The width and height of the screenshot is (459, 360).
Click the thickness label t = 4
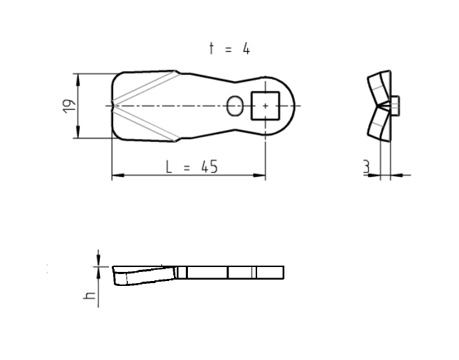pyautogui.click(x=229, y=48)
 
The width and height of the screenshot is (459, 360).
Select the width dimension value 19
pyautogui.click(x=68, y=106)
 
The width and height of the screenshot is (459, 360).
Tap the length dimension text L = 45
pyautogui.click(x=191, y=166)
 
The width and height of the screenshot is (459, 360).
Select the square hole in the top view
pyautogui.click(x=265, y=106)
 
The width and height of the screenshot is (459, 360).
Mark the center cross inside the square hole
pyautogui.click(x=265, y=106)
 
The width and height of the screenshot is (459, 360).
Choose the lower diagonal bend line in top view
pyautogui.click(x=147, y=124)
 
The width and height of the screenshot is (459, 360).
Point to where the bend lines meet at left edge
pyautogui.click(x=115, y=106)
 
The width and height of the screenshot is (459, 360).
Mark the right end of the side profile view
pyautogui.click(x=282, y=272)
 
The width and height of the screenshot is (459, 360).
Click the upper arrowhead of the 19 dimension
pyautogui.click(x=77, y=78)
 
